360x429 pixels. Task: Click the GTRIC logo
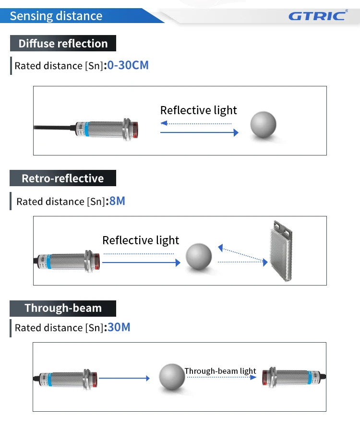click(x=317, y=15)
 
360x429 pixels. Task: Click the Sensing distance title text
click(x=56, y=16)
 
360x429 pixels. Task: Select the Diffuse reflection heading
click(x=63, y=43)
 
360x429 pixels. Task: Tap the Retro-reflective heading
click(x=63, y=179)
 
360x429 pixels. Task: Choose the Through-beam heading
click(x=63, y=308)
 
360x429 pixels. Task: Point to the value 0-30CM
click(x=128, y=65)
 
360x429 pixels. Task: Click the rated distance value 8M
click(x=118, y=201)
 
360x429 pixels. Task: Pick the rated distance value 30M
click(x=119, y=327)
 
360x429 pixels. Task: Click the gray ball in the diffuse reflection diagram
click(x=264, y=124)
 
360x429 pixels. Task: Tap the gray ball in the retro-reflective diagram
click(x=199, y=257)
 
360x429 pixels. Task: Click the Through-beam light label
click(x=220, y=371)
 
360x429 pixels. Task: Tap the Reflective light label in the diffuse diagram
click(x=198, y=110)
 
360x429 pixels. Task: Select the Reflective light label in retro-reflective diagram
click(x=141, y=240)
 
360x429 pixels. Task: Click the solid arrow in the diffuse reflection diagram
click(x=199, y=132)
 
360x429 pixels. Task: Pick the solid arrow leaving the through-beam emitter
click(x=124, y=378)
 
